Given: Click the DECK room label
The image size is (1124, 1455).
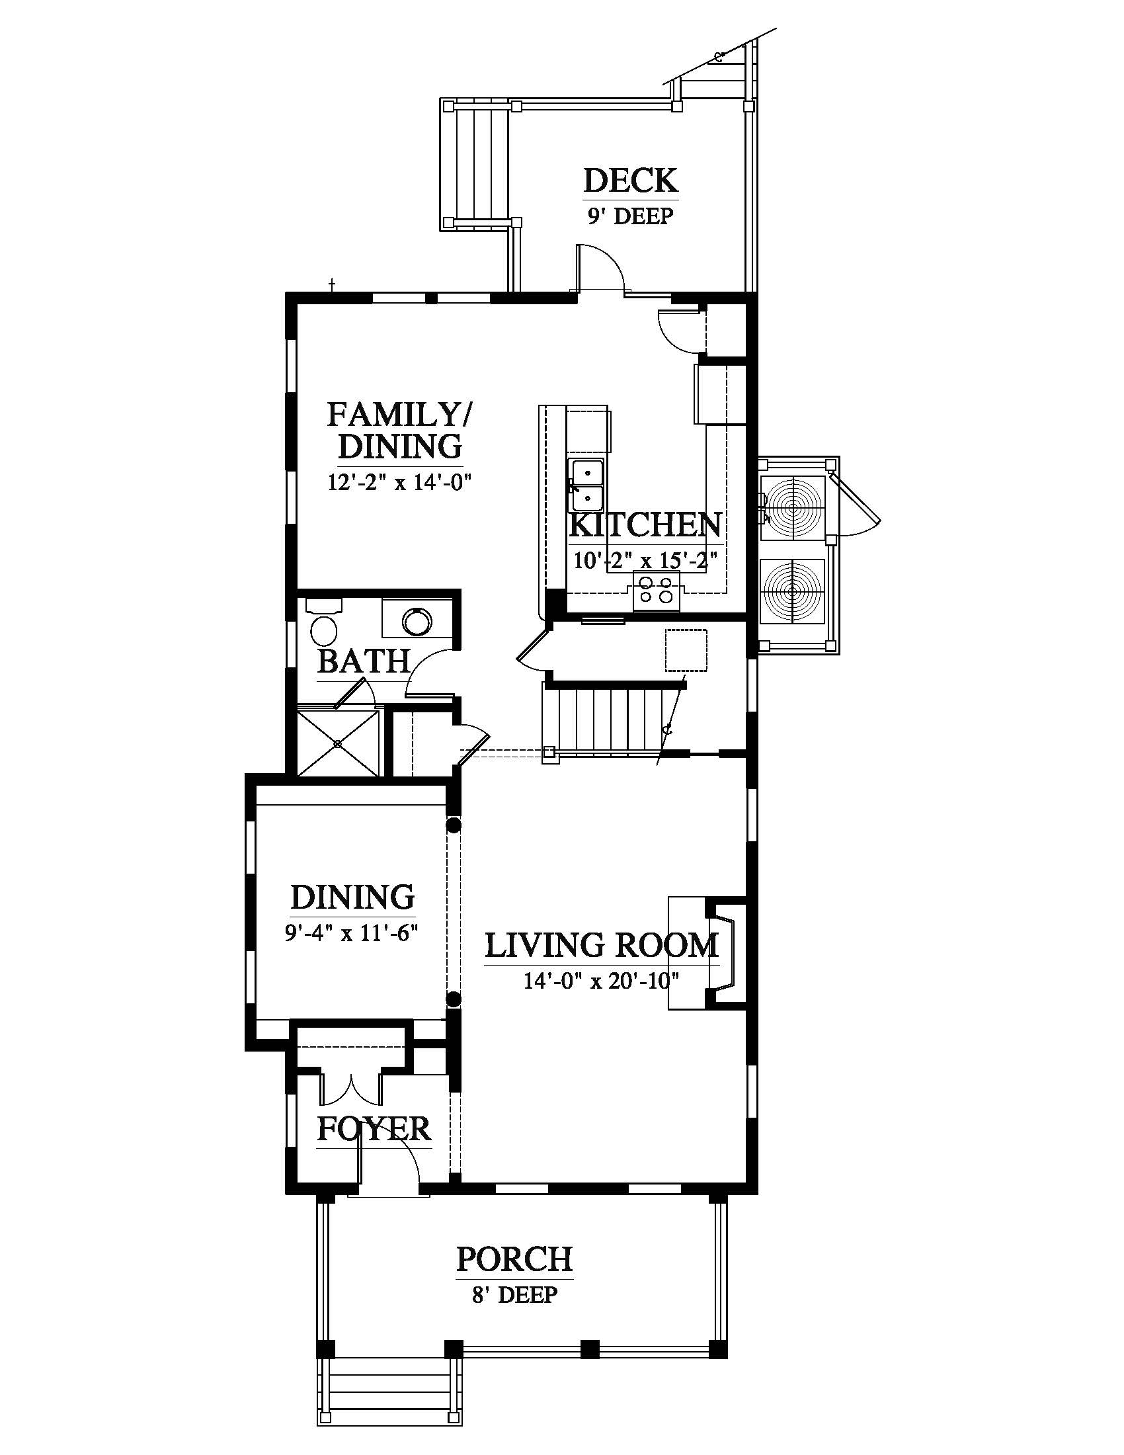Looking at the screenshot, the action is [631, 181].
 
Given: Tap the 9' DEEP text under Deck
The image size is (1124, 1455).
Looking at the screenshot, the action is [630, 216].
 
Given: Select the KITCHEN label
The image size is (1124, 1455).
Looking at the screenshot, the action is [645, 525].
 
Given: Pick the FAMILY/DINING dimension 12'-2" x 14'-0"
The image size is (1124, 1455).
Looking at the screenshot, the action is [399, 482].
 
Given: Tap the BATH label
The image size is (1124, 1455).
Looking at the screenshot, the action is [364, 661].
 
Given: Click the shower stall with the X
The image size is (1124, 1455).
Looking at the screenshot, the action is [339, 743].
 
